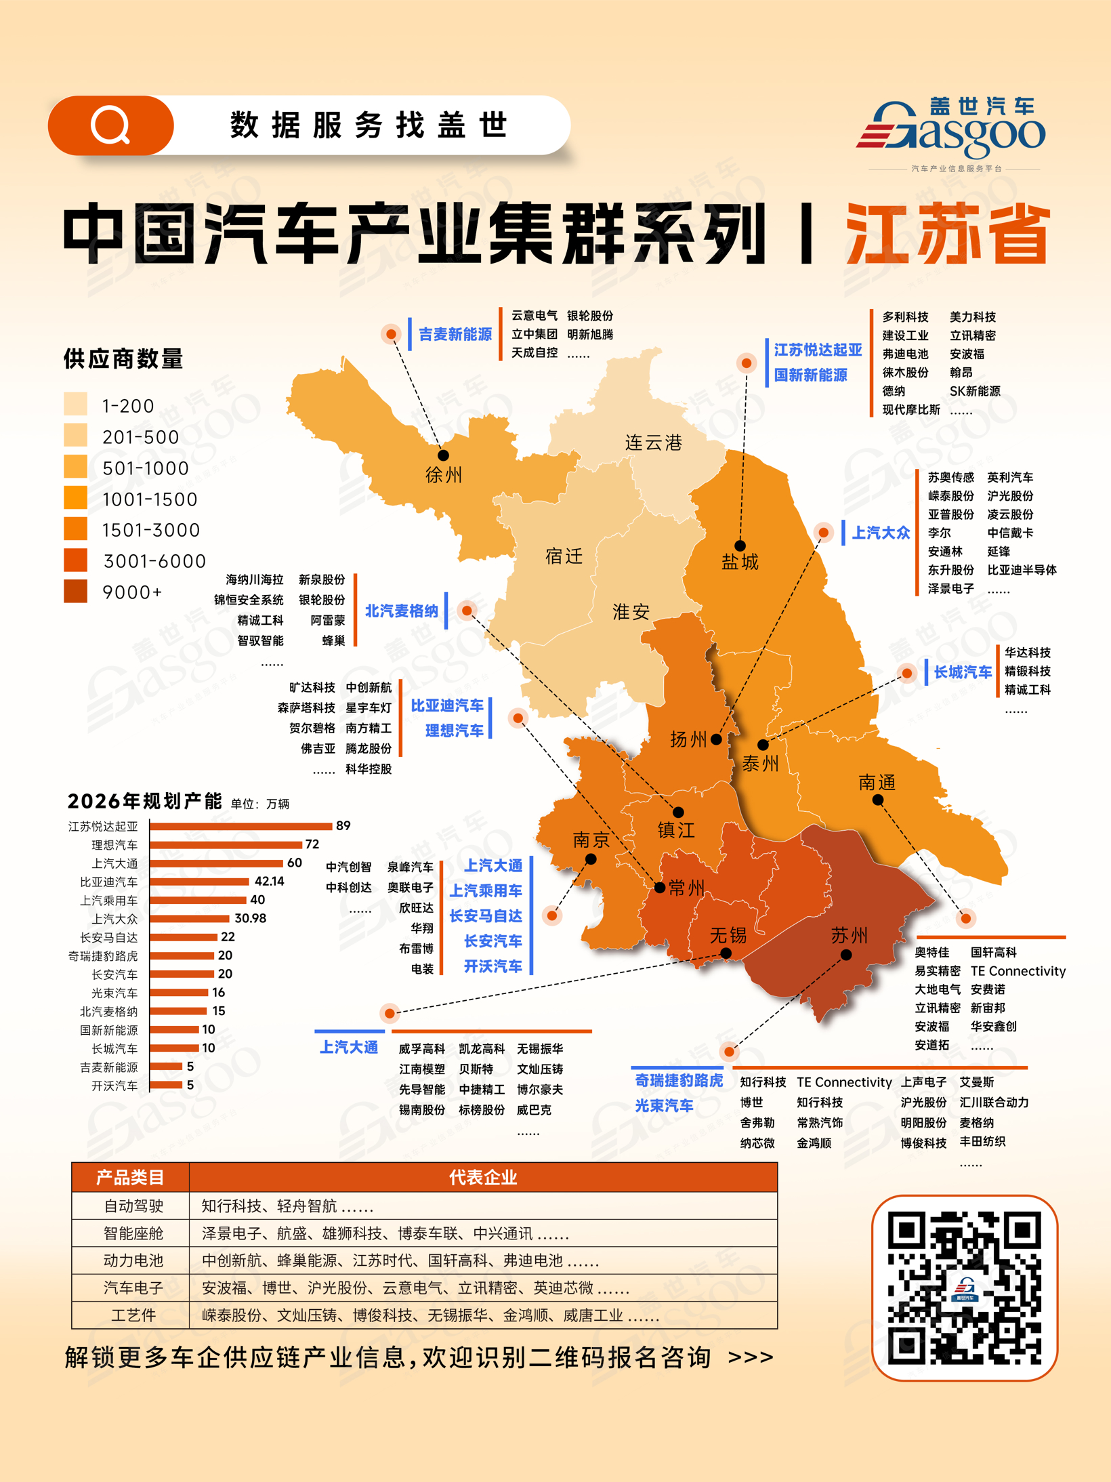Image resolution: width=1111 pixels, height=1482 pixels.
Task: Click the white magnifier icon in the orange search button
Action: [110, 125]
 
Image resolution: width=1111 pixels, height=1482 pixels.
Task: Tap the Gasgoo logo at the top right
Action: [952, 132]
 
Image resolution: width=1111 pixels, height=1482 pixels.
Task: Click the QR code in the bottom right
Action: [964, 1287]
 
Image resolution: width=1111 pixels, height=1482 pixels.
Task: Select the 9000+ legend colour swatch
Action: [76, 592]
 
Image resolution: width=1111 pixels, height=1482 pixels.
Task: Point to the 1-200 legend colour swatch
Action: [76, 405]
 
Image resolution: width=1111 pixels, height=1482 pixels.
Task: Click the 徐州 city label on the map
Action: [444, 474]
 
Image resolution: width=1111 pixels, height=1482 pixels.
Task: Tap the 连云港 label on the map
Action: [653, 443]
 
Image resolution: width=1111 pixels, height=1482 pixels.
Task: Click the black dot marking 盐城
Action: [740, 546]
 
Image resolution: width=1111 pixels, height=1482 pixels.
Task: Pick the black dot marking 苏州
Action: [846, 955]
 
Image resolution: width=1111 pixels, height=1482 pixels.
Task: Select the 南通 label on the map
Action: [877, 783]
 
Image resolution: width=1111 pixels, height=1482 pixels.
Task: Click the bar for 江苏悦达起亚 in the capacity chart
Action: [241, 826]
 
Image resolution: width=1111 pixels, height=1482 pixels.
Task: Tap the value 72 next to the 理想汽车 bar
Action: [312, 844]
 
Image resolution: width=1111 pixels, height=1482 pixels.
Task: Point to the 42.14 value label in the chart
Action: [270, 882]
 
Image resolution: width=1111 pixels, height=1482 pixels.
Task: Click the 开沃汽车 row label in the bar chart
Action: [114, 1086]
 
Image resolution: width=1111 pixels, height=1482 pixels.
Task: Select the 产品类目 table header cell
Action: [130, 1178]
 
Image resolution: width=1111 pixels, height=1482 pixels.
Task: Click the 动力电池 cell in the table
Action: [133, 1260]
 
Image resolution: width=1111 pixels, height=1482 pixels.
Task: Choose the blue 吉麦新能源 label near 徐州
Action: [455, 334]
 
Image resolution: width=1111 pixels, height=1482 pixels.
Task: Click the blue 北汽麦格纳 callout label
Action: [402, 611]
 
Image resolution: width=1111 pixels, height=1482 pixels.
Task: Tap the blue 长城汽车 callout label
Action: [963, 672]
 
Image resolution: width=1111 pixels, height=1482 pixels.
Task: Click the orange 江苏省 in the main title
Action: [948, 234]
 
